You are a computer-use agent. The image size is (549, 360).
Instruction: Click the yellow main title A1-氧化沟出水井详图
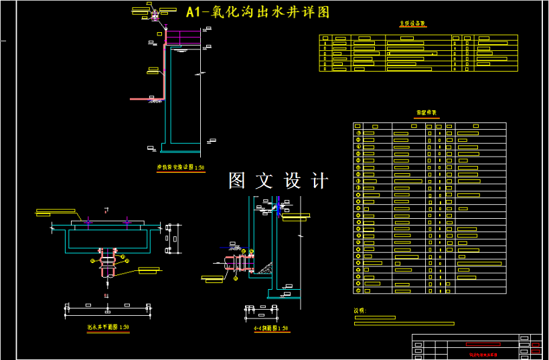pos(258,12)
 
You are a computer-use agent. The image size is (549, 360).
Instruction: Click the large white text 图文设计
pos(279,181)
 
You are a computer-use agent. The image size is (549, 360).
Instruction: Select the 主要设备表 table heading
pos(412,23)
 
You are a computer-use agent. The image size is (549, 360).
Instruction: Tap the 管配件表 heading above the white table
pos(426,113)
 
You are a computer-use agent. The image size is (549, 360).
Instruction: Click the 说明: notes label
pos(360,310)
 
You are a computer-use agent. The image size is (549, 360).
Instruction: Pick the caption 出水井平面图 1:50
pos(107,328)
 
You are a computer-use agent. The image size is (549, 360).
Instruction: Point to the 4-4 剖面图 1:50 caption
pos(270,329)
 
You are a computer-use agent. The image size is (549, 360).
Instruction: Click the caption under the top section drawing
pos(181,168)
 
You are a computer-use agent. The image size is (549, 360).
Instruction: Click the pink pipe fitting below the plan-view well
pos(107,264)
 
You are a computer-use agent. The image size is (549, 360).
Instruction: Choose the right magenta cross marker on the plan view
pos(127,220)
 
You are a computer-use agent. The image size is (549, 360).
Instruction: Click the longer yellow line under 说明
pos(404,324)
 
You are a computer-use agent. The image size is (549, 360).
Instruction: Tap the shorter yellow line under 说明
pos(384,318)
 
